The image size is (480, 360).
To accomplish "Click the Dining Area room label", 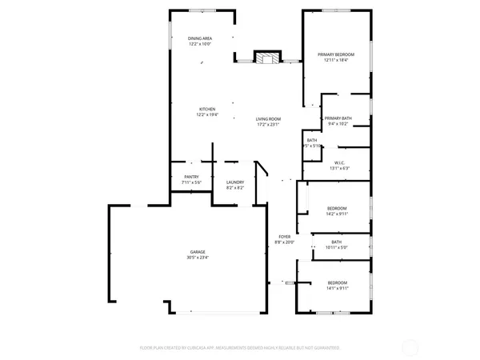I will pyautogui.click(x=200, y=38).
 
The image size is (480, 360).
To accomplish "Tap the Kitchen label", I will pyautogui.click(x=207, y=109).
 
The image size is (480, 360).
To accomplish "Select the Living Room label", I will pyautogui.click(x=269, y=118).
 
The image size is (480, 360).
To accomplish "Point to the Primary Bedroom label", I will pyautogui.click(x=336, y=54).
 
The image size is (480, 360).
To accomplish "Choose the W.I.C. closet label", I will pyautogui.click(x=339, y=162).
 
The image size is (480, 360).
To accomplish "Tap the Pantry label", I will pyautogui.click(x=191, y=177).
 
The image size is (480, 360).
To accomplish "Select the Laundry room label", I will pyautogui.click(x=234, y=182).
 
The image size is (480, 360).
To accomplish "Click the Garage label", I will pyautogui.click(x=198, y=251).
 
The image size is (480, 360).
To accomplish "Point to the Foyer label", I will pyautogui.click(x=284, y=237).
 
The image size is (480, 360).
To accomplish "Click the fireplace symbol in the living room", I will pyautogui.click(x=268, y=58).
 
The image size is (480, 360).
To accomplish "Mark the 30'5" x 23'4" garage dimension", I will pyautogui.click(x=198, y=258).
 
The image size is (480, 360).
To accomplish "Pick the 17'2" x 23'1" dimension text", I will pyautogui.click(x=269, y=124).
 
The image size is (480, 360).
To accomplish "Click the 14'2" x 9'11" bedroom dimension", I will pyautogui.click(x=337, y=214).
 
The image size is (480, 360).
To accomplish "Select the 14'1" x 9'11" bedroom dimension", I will pyautogui.click(x=337, y=289).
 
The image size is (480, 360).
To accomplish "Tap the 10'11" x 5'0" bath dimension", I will pyautogui.click(x=337, y=247).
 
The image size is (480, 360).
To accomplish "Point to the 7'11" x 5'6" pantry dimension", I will pyautogui.click(x=191, y=182).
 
